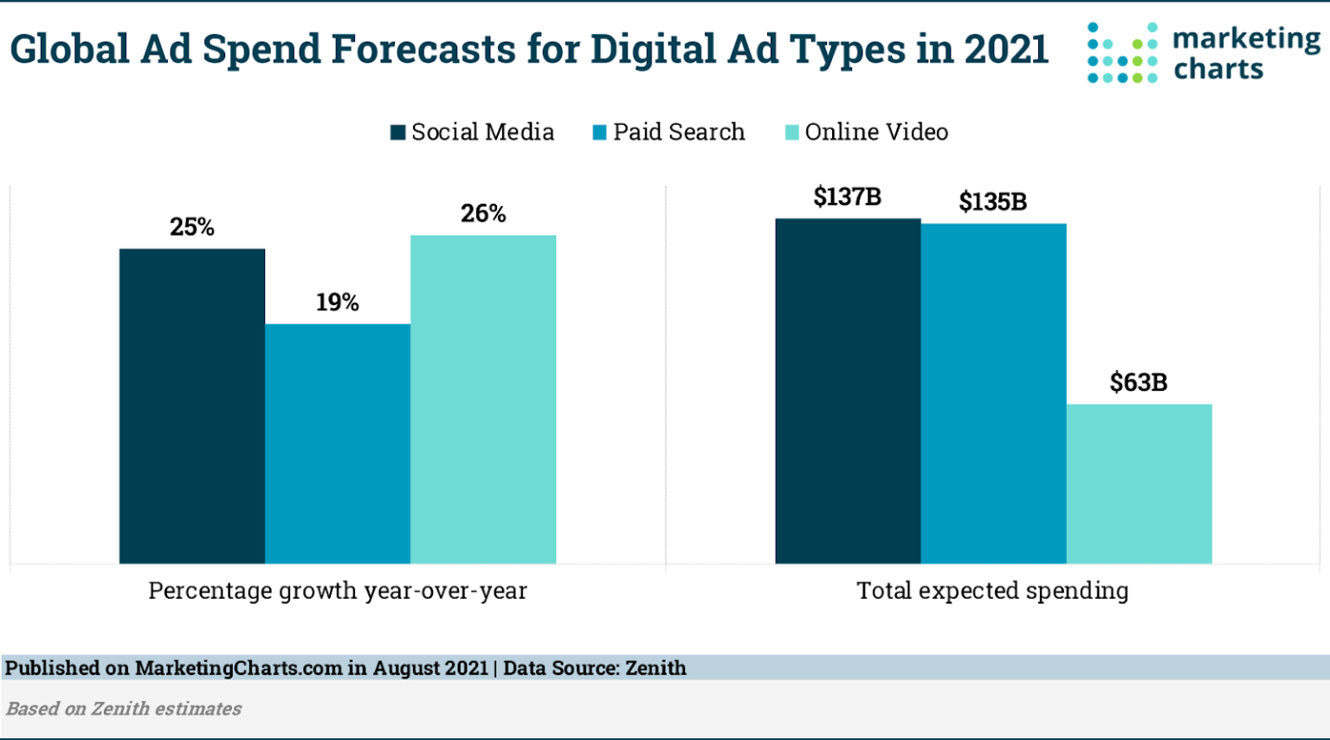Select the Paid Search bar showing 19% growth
coord(338,444)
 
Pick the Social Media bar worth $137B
coord(848,391)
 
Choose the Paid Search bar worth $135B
coord(993,393)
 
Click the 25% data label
coord(192,227)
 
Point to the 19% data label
coord(338,302)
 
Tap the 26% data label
coord(483,213)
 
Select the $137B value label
coord(848,198)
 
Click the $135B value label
coord(993,203)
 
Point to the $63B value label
coord(1139,382)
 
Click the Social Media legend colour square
coord(398,133)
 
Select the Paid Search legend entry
coord(669,132)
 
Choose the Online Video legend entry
coord(867,132)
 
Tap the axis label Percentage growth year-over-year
coord(338,591)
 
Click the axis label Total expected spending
coord(993,591)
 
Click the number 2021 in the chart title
coord(1006,49)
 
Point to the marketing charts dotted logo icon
coord(1122,53)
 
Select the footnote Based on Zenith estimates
coord(124,709)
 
